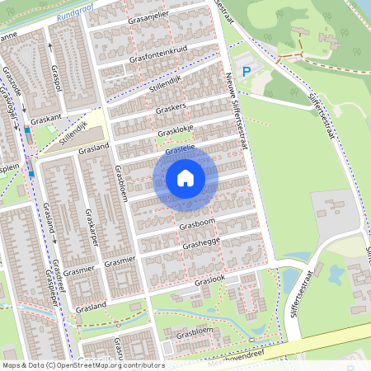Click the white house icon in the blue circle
tap(185, 177)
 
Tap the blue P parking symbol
tap(246, 73)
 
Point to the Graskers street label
tap(170, 108)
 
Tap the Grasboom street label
tap(196, 223)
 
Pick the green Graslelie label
tap(179, 148)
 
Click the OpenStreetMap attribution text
tap(82, 364)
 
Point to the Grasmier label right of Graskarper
tap(120, 261)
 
